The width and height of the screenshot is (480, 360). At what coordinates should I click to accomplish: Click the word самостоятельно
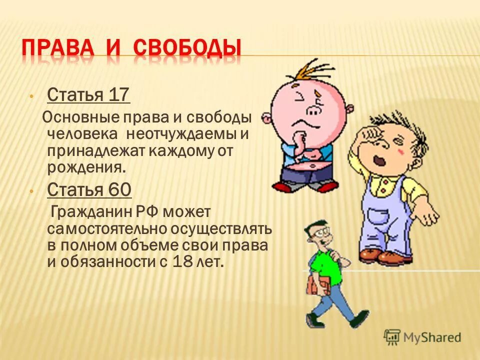coord(104,229)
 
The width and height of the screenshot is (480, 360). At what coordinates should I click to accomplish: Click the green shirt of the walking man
coord(324,265)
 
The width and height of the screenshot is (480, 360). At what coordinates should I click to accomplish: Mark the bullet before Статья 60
coord(31,190)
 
